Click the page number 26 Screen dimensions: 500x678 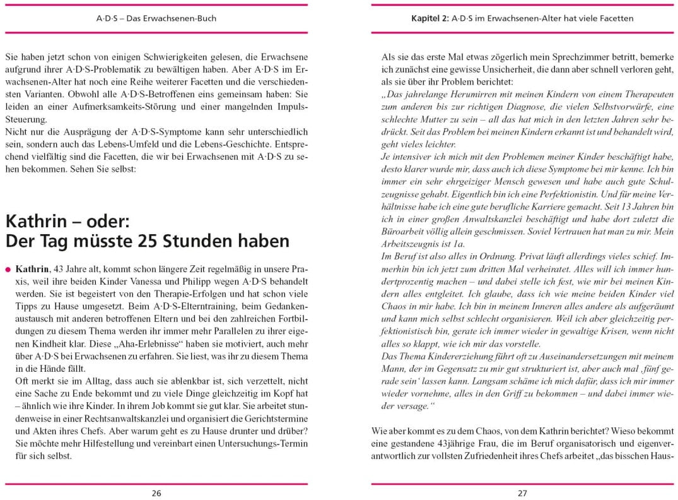pos(156,493)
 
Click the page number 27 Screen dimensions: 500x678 pos(522,493)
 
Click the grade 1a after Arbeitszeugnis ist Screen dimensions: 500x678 pos(459,244)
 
